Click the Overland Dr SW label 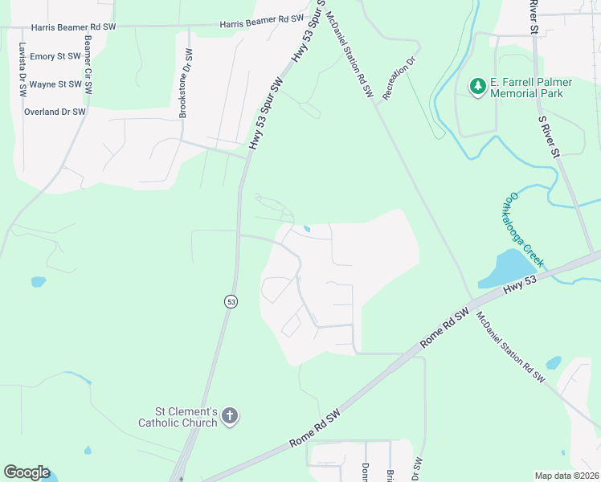(x=55, y=112)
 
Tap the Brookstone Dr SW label (x=186, y=84)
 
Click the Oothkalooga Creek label (x=525, y=231)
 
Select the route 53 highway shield (x=231, y=301)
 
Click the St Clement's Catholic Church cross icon (x=231, y=416)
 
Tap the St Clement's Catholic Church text (x=178, y=417)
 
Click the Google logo (x=27, y=472)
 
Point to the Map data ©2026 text (x=566, y=476)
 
